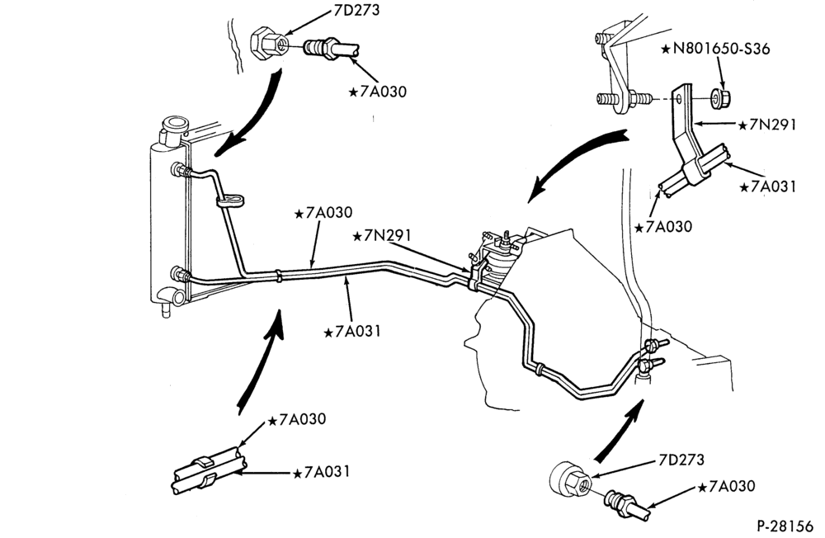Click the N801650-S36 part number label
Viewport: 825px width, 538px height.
coord(715,49)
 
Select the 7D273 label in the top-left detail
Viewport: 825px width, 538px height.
coord(356,10)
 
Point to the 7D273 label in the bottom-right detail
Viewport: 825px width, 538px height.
coord(681,460)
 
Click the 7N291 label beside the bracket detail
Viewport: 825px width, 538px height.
coord(767,125)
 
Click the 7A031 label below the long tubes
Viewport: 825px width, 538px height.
coord(351,332)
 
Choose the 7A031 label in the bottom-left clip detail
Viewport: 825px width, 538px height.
coord(321,472)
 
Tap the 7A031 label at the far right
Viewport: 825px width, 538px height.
coord(767,186)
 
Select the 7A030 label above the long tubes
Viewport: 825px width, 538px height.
coord(323,213)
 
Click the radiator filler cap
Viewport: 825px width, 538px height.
coord(174,125)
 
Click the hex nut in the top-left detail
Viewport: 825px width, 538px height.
coord(267,43)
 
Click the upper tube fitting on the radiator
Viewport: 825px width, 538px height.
coord(181,170)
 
